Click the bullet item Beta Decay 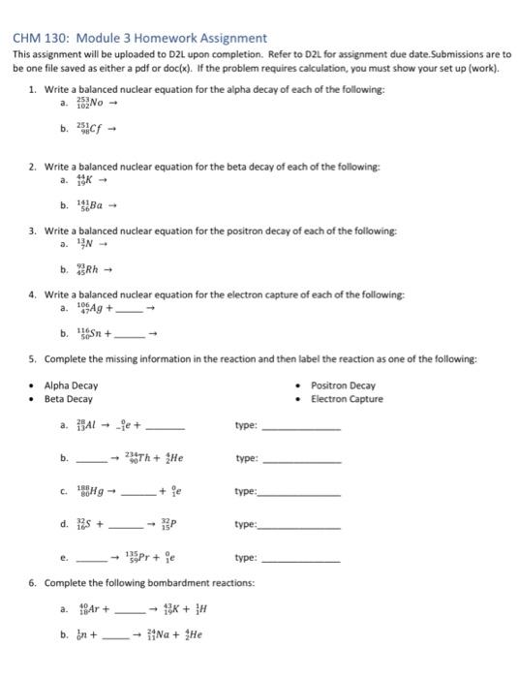69,399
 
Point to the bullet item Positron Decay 344,385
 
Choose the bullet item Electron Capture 348,399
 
